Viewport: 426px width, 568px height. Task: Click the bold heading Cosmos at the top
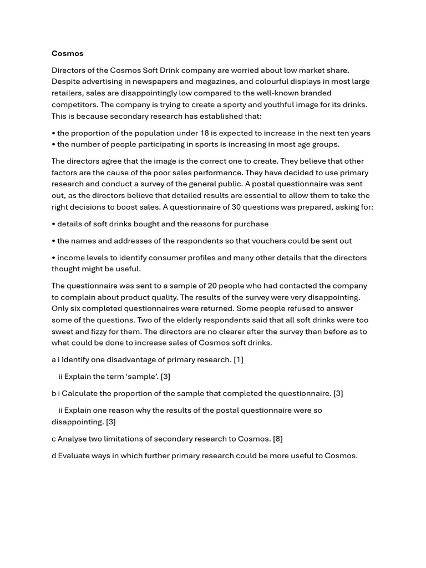click(x=67, y=53)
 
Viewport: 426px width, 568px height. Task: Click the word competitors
click(x=73, y=104)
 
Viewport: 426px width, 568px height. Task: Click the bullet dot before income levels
click(x=53, y=258)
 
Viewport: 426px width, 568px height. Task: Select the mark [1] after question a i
click(x=239, y=359)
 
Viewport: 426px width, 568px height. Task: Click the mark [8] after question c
click(x=278, y=439)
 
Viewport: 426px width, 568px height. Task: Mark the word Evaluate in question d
click(x=75, y=456)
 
